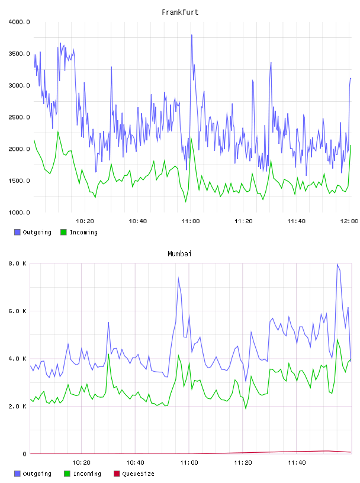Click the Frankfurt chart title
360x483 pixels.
180,12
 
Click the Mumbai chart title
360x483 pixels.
179,254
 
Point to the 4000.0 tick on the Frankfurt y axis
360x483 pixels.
19,22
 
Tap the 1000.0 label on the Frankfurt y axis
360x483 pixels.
19,212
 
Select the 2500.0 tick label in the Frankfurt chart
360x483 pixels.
19,117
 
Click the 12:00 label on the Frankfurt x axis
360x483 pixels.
349,221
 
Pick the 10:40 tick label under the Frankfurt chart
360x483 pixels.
138,221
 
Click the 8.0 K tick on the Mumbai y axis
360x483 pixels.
18,263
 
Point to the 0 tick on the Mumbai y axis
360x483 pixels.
25,454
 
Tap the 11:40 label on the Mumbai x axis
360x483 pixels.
297,463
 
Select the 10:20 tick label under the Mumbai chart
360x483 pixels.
81,463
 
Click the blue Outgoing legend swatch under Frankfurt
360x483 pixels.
17,232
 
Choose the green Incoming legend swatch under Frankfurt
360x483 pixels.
63,232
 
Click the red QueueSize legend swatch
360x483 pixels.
117,474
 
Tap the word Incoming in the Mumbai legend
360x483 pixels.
87,474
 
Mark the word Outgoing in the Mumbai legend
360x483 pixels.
37,474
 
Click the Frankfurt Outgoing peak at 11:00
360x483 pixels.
192,35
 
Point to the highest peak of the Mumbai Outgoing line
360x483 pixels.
337,265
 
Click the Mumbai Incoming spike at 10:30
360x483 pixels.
108,354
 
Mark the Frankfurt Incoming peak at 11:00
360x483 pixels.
191,137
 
